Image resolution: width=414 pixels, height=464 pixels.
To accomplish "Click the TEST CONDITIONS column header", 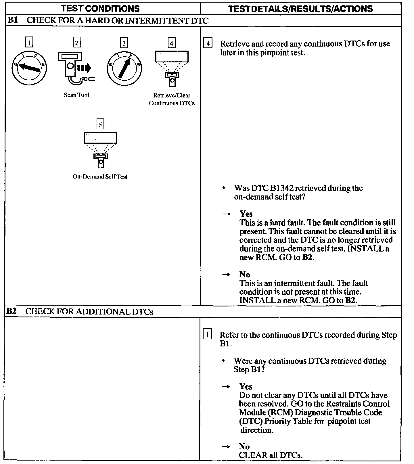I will (x=100, y=9).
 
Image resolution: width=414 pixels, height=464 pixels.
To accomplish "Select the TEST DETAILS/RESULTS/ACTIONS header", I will (x=300, y=9).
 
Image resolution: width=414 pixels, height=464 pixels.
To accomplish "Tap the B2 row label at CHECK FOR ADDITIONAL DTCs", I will (x=12, y=311).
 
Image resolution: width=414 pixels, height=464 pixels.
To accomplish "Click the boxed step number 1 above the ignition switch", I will (x=29, y=43).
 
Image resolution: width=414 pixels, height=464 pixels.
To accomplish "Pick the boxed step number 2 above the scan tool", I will (x=76, y=43).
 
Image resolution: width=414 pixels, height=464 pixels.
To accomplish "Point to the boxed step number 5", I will (x=100, y=124).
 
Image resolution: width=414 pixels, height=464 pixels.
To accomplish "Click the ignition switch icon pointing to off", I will (x=29, y=68).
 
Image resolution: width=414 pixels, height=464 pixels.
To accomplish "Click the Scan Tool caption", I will (x=76, y=95).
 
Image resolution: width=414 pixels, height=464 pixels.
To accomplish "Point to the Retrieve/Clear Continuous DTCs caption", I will (x=172, y=99).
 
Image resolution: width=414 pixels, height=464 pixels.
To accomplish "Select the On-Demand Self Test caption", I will (x=100, y=177).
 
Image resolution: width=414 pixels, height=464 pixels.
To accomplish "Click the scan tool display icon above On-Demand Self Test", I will (x=100, y=149).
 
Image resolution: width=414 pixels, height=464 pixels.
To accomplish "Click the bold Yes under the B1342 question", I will (x=246, y=214).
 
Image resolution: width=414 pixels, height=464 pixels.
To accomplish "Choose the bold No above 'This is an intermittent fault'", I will (x=245, y=274).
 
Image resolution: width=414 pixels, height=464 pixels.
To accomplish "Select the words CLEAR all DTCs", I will (x=271, y=455).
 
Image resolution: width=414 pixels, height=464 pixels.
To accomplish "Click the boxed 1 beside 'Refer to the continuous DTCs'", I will (x=208, y=335).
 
